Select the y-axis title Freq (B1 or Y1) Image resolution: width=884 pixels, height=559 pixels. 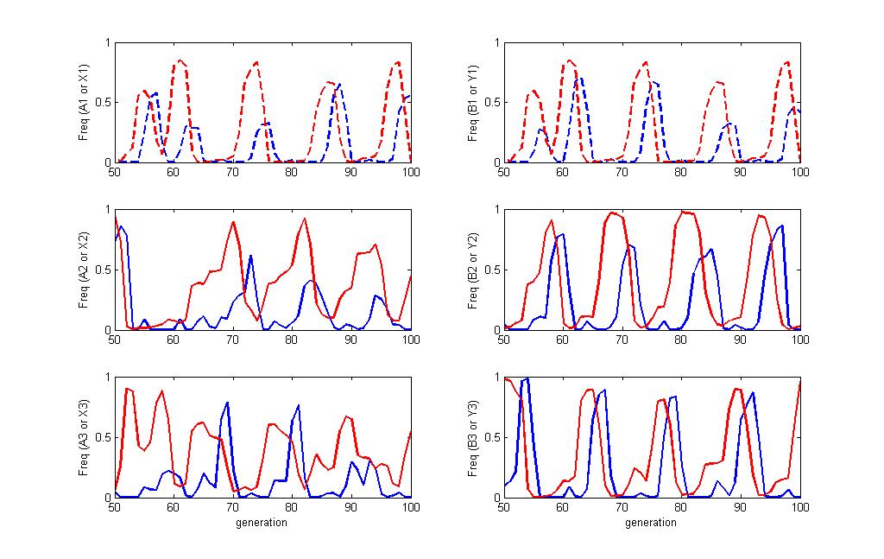(474, 102)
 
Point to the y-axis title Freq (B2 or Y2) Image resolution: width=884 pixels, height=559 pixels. (474, 270)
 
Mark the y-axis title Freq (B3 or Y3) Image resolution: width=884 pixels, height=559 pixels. (474, 438)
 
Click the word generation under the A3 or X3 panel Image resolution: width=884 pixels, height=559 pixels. (262, 523)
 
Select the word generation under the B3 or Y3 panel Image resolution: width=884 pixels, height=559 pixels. (652, 523)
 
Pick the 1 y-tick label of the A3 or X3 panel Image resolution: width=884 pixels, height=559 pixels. (106, 378)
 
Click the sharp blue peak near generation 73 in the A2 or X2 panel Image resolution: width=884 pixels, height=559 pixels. (250, 256)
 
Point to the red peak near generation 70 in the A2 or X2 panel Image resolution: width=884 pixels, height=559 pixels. (233, 222)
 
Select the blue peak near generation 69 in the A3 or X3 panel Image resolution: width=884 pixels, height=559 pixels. (227, 403)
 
